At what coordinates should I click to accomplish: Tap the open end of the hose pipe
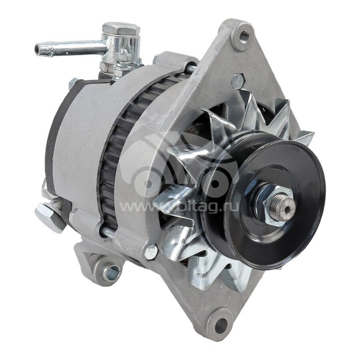point(38,49)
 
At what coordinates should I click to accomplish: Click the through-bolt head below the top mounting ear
point(238,81)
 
